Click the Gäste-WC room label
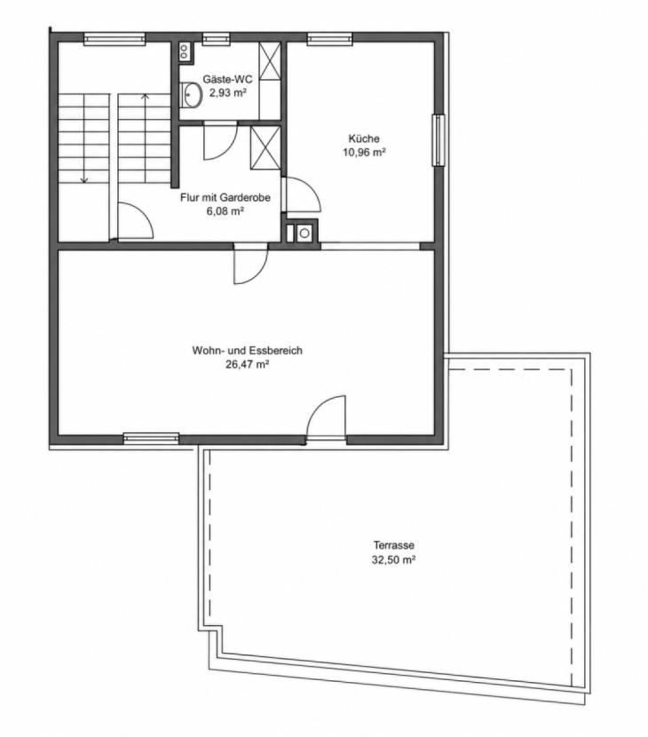pos(227,79)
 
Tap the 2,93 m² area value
pos(228,92)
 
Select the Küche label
pos(364,139)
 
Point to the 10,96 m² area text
pos(364,153)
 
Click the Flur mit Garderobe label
pos(225,197)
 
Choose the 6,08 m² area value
pos(225,211)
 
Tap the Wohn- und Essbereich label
pos(247,351)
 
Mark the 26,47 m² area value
pos(247,364)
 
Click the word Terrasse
pos(394,545)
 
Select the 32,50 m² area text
pos(394,559)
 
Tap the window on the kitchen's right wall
pos(439,140)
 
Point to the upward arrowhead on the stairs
pos(146,98)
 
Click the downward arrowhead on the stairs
pos(84,179)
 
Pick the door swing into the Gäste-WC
pos(221,141)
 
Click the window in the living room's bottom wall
pos(151,439)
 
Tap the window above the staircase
pos(115,38)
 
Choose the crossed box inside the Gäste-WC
pos(270,60)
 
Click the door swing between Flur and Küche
pos(303,194)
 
